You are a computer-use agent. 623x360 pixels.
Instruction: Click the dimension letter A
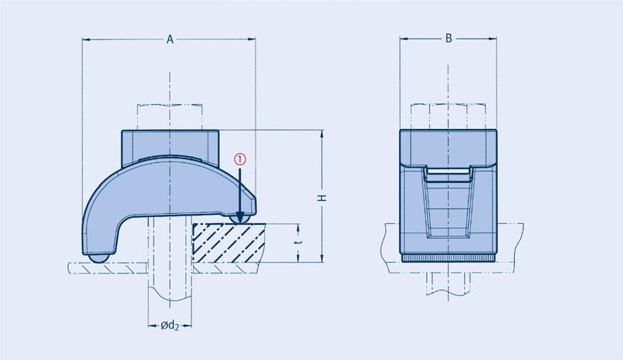point(170,39)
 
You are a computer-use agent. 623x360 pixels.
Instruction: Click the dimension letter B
point(449,39)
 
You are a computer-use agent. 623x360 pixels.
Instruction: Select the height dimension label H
point(323,198)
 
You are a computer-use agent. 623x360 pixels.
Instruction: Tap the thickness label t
point(299,242)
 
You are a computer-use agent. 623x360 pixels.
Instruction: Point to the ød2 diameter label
point(170,326)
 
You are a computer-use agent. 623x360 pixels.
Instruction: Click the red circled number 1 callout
point(240,159)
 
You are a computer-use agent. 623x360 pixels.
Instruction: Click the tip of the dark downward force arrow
point(240,222)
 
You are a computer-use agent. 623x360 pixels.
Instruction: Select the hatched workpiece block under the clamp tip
point(229,243)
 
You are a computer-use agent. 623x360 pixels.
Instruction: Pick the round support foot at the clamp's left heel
point(98,258)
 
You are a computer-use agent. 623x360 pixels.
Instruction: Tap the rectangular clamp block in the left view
point(170,148)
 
